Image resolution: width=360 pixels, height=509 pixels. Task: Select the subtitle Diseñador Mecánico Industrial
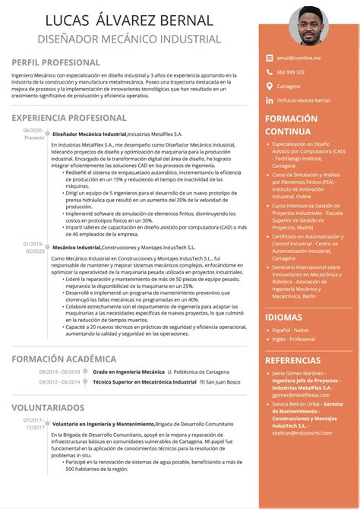tap(129, 39)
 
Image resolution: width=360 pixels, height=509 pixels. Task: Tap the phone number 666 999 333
tap(291, 71)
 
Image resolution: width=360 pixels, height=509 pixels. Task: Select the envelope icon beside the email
tap(268, 57)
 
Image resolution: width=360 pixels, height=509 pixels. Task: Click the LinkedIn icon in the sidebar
tap(268, 100)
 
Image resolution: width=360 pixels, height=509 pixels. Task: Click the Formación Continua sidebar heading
tap(290, 125)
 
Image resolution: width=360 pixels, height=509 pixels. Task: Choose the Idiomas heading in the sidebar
tap(283, 317)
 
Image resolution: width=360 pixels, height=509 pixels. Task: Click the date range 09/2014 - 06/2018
tap(60, 371)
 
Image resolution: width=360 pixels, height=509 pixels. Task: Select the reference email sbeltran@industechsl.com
tap(302, 432)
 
